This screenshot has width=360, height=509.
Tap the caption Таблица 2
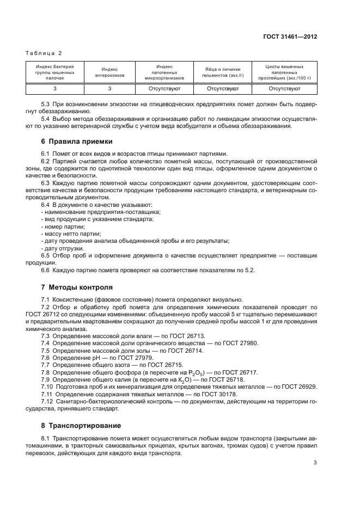(x=44, y=53)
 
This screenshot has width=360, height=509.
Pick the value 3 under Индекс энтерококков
(x=109, y=88)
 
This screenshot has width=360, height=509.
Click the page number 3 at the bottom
(x=315, y=463)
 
